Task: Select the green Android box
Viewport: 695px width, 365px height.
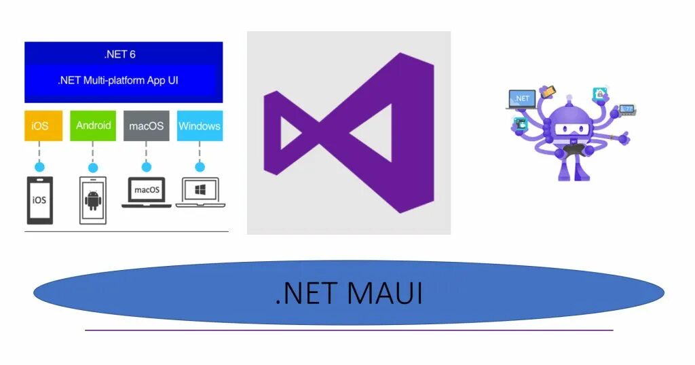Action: (x=93, y=126)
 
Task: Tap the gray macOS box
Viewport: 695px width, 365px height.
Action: (x=146, y=126)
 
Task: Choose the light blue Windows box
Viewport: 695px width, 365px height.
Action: (x=200, y=126)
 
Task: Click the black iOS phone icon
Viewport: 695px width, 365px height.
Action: (x=39, y=199)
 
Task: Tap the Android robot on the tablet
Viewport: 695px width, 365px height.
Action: (x=93, y=201)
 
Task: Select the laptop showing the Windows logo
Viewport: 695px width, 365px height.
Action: (x=200, y=191)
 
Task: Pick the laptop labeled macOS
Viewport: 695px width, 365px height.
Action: (x=147, y=191)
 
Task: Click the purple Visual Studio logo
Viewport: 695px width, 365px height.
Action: (x=349, y=133)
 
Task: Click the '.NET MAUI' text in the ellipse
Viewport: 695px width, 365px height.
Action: (x=349, y=293)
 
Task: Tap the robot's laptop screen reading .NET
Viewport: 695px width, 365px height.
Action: (x=522, y=98)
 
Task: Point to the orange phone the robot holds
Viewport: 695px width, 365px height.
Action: (x=548, y=91)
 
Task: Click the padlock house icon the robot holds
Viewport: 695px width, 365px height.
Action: (x=599, y=94)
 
